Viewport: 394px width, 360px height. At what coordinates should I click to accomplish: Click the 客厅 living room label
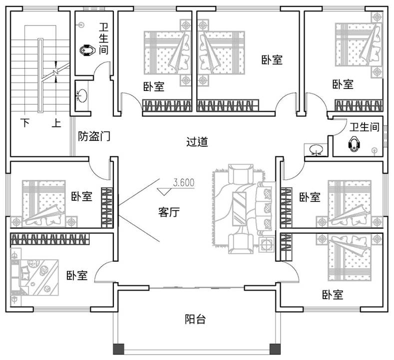pyautogui.click(x=169, y=212)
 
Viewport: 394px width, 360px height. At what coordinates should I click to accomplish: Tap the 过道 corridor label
pyautogui.click(x=197, y=142)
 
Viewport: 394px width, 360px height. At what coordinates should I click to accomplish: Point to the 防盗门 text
pyautogui.click(x=94, y=135)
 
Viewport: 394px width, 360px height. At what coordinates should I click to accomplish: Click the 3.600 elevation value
pyautogui.click(x=183, y=183)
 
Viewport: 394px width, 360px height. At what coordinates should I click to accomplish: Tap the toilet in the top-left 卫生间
pyautogui.click(x=87, y=50)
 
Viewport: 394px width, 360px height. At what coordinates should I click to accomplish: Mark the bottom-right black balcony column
pyautogui.click(x=273, y=349)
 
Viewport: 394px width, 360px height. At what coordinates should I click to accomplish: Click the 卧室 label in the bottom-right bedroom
pyautogui.click(x=333, y=295)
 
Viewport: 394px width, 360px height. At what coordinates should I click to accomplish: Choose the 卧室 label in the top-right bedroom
pyautogui.click(x=343, y=84)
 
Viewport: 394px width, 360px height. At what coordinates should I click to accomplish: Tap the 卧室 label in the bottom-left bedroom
pyautogui.click(x=77, y=275)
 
